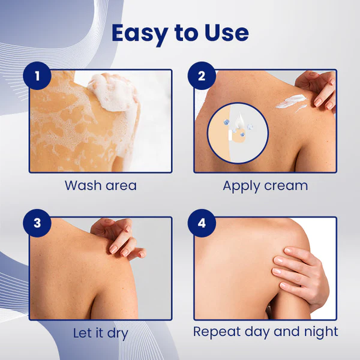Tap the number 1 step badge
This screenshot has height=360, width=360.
pyautogui.click(x=38, y=77)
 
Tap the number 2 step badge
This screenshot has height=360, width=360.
pyautogui.click(x=202, y=77)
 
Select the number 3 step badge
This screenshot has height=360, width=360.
pyautogui.click(x=38, y=224)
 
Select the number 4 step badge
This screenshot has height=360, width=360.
pyautogui.click(x=202, y=224)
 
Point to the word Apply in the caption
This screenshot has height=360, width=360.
pyautogui.click(x=242, y=185)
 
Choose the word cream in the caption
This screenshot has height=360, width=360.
pyautogui.click(x=286, y=185)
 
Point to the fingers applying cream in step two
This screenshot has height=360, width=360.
pyautogui.click(x=321, y=90)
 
